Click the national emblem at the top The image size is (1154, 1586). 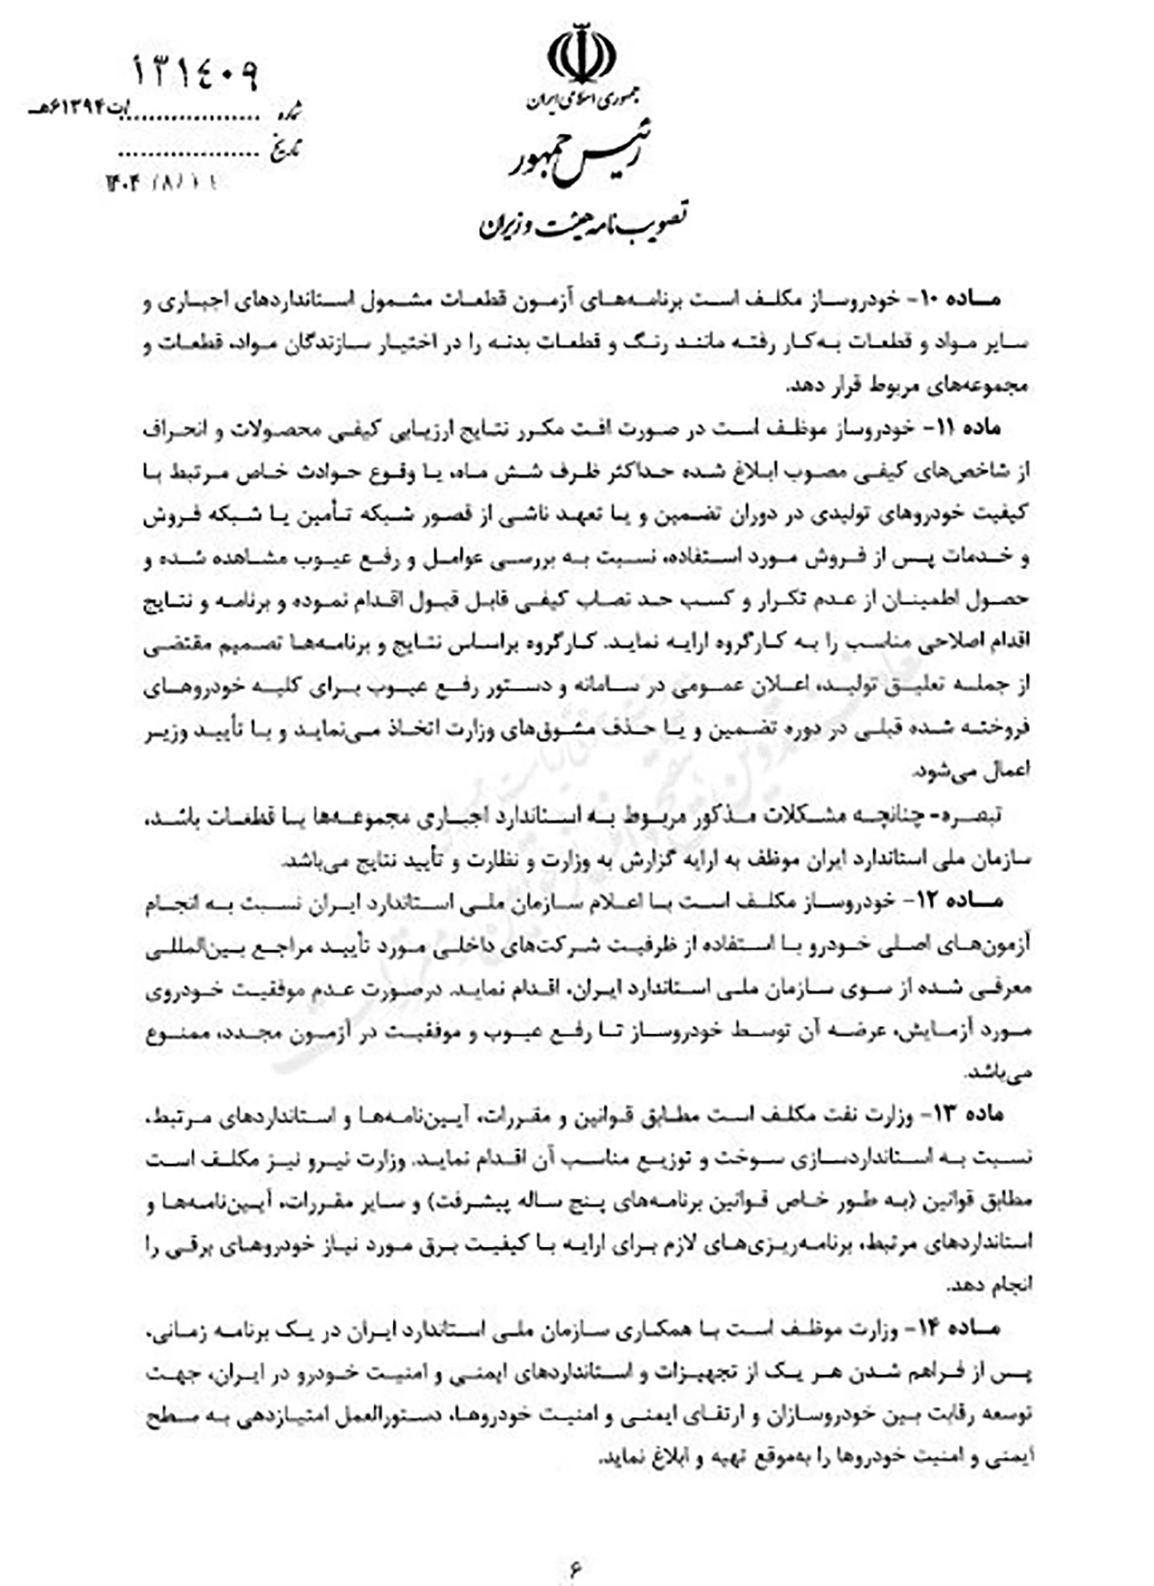point(582,55)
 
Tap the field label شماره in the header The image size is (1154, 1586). point(291,114)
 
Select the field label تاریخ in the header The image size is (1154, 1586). point(288,147)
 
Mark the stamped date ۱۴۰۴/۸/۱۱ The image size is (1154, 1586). point(162,183)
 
